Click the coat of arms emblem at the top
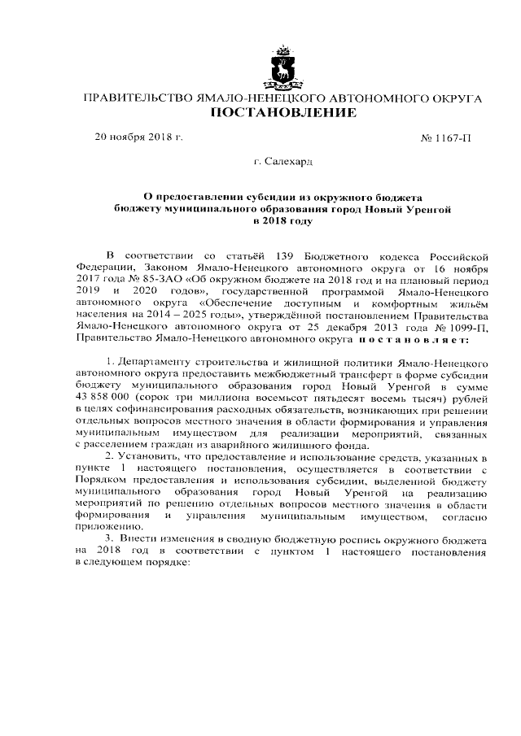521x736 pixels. click(282, 68)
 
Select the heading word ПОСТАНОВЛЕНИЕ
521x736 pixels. click(282, 114)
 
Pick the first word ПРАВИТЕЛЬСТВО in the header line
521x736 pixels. click(134, 98)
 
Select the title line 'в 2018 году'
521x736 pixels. click(282, 220)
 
